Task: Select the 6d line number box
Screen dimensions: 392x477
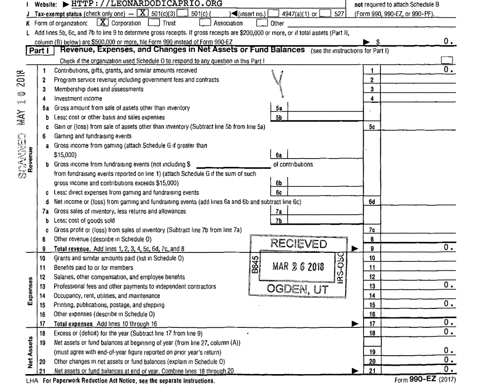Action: point(372,201)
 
